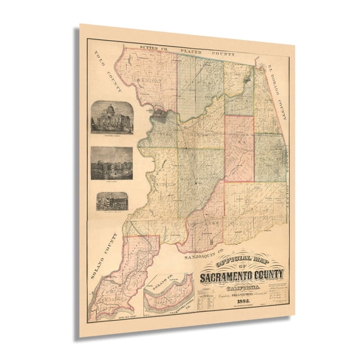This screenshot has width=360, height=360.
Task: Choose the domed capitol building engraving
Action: (x=112, y=117)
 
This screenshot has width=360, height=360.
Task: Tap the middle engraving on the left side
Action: (x=112, y=163)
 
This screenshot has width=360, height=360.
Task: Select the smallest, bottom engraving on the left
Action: (x=112, y=201)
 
